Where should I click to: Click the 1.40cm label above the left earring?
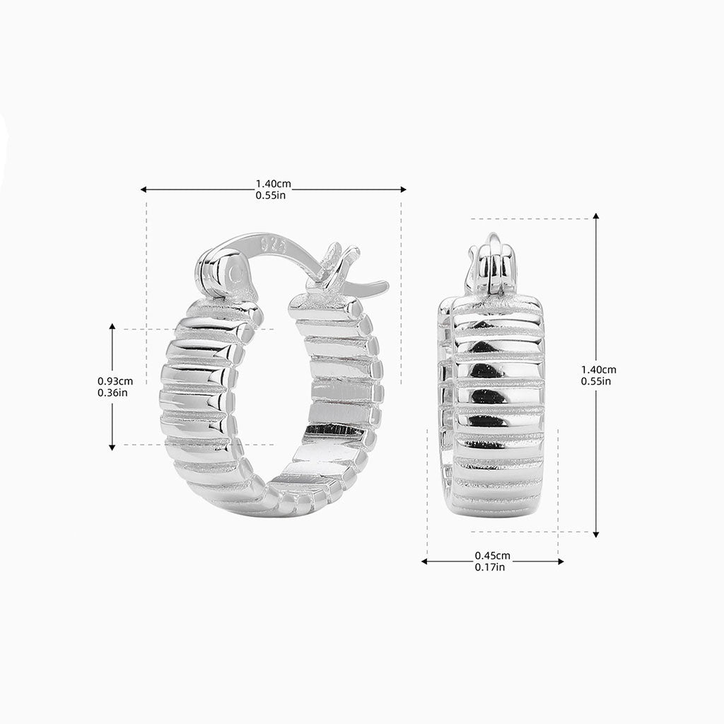(x=273, y=184)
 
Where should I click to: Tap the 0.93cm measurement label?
(x=115, y=380)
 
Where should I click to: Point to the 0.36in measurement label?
(x=112, y=392)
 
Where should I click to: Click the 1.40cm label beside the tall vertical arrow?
(x=598, y=369)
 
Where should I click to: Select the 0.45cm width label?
(x=492, y=555)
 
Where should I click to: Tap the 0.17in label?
(x=490, y=567)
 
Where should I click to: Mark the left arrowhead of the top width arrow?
(x=144, y=189)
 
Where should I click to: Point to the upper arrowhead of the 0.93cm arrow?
(x=112, y=327)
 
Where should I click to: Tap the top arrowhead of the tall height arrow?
(x=596, y=216)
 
